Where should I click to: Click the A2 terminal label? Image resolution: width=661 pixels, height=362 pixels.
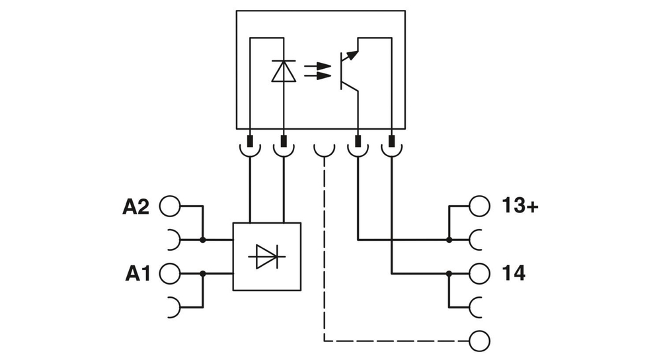[x=136, y=207]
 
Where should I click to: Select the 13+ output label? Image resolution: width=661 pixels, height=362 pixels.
[x=520, y=206]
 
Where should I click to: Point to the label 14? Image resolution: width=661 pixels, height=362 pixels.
[x=514, y=273]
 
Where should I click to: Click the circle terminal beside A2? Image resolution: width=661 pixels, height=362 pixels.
[x=170, y=206]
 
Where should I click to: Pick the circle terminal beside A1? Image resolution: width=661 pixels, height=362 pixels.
[x=170, y=273]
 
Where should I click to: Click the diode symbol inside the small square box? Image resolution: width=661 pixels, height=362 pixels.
[x=267, y=257]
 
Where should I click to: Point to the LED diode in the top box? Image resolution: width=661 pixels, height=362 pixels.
[x=284, y=71]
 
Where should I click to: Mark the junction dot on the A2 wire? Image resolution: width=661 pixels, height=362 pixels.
[x=202, y=240]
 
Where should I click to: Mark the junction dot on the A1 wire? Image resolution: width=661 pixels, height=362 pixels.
[x=202, y=273]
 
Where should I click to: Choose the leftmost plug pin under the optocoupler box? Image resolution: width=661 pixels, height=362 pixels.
[x=251, y=141]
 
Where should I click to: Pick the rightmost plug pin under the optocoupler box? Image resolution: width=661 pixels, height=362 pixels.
[x=392, y=141]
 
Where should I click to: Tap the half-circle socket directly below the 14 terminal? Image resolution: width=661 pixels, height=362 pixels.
[x=477, y=306]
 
